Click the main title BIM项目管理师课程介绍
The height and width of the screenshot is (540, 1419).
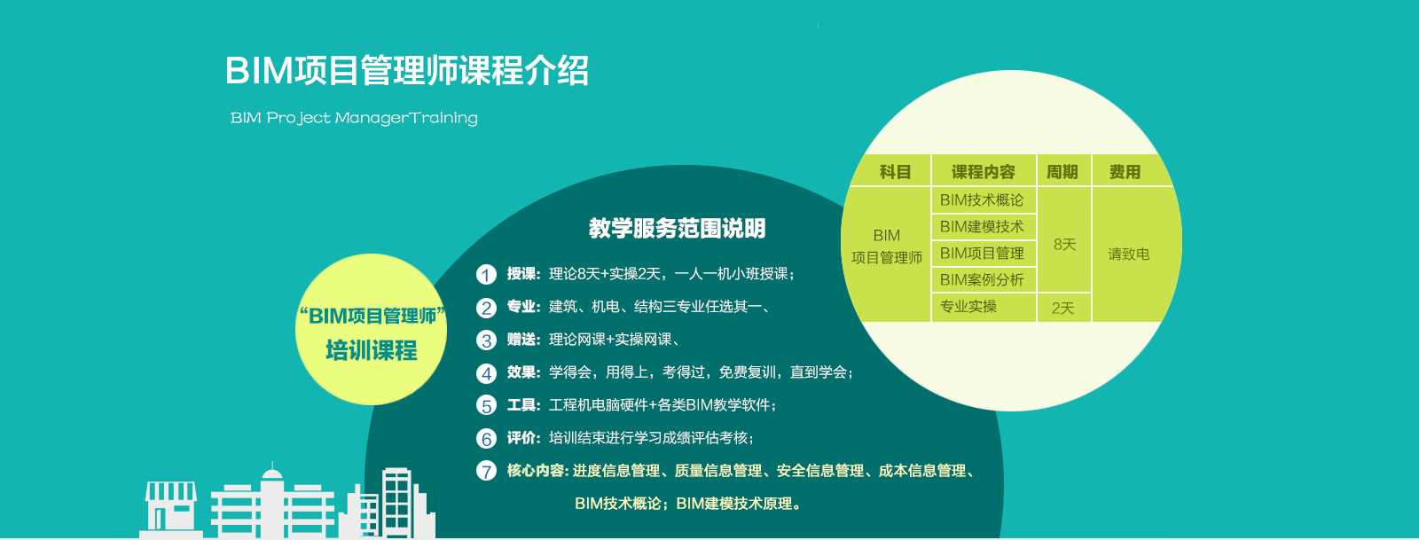[x=407, y=70]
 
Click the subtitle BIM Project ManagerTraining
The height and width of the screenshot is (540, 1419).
[x=354, y=118]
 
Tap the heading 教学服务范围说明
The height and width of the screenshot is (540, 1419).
[x=678, y=228]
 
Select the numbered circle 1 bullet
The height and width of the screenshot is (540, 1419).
[x=486, y=274]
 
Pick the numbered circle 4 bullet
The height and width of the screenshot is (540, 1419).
[x=486, y=373]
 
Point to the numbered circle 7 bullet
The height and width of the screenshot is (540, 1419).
[x=486, y=471]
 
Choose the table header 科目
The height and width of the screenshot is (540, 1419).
[x=895, y=171]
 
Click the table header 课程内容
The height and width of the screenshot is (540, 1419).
[x=984, y=171]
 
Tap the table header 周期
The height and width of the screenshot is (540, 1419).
[x=1062, y=171]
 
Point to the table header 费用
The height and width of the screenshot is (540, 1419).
[x=1125, y=171]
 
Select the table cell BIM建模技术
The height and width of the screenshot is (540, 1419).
[x=982, y=227]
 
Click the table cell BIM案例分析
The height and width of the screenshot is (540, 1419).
[x=982, y=280]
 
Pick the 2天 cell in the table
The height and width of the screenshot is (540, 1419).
[x=1063, y=309]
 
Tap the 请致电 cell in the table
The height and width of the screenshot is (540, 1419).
[x=1129, y=254]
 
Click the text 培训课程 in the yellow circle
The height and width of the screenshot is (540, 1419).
[x=372, y=350]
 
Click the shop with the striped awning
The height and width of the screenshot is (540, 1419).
[x=170, y=508]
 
